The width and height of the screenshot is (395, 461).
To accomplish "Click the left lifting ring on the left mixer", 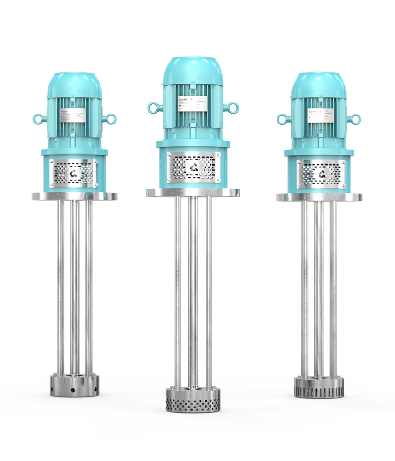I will [37, 119].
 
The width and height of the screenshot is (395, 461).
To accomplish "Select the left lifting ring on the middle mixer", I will [153, 108].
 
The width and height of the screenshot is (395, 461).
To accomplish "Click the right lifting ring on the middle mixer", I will [233, 108].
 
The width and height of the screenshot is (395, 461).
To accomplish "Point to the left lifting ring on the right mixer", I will [281, 119].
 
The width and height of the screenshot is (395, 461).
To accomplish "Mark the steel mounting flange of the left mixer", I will [74, 196].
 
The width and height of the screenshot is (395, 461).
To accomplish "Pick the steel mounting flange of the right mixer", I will [319, 197].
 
